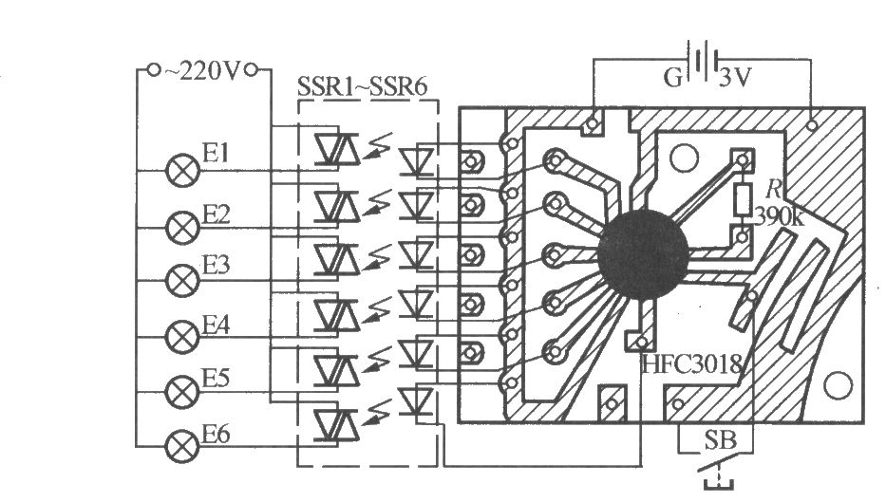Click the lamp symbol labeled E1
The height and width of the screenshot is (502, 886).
click(x=182, y=170)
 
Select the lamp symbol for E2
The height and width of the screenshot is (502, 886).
click(x=182, y=228)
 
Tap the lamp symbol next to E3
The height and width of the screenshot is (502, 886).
click(x=182, y=280)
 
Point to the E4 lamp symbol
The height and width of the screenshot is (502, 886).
click(x=182, y=337)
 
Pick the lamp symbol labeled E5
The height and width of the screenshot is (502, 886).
click(x=182, y=391)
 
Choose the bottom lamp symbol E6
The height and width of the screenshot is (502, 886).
click(x=182, y=446)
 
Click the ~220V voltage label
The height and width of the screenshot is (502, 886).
click(x=202, y=71)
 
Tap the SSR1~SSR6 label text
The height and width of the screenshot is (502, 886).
click(x=362, y=87)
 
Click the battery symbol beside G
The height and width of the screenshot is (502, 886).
click(x=703, y=59)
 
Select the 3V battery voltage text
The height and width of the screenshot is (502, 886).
click(x=736, y=78)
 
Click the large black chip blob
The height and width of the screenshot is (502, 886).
click(x=644, y=254)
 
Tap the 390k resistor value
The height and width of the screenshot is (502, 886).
click(x=780, y=216)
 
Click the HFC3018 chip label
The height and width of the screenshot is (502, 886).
click(x=691, y=364)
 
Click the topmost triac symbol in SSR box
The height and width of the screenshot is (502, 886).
click(x=337, y=149)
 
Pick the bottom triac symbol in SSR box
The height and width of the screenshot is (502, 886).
click(x=337, y=424)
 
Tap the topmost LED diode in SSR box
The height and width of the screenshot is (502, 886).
click(x=417, y=159)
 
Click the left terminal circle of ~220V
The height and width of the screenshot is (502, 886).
click(x=153, y=70)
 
